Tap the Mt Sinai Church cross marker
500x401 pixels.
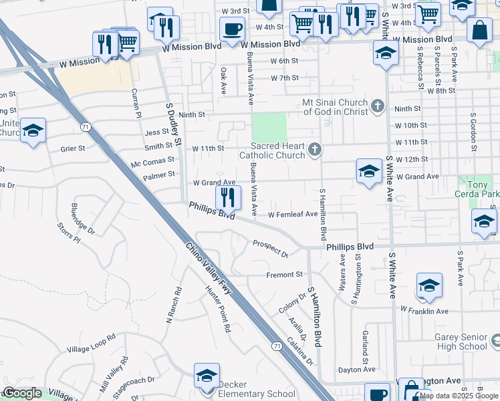point(378,106)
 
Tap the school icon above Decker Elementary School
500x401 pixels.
point(207,376)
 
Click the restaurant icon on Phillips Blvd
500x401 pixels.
point(228,197)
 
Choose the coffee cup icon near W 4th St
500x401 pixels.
point(232,29)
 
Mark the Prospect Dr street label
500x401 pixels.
point(270,249)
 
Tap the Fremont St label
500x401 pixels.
point(285,275)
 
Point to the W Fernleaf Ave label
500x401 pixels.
point(293,215)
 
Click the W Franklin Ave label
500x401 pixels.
point(424,310)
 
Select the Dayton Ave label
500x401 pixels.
point(356,370)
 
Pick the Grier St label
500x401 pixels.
point(73,148)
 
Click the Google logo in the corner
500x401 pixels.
point(22,393)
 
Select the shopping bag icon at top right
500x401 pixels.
point(479,30)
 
